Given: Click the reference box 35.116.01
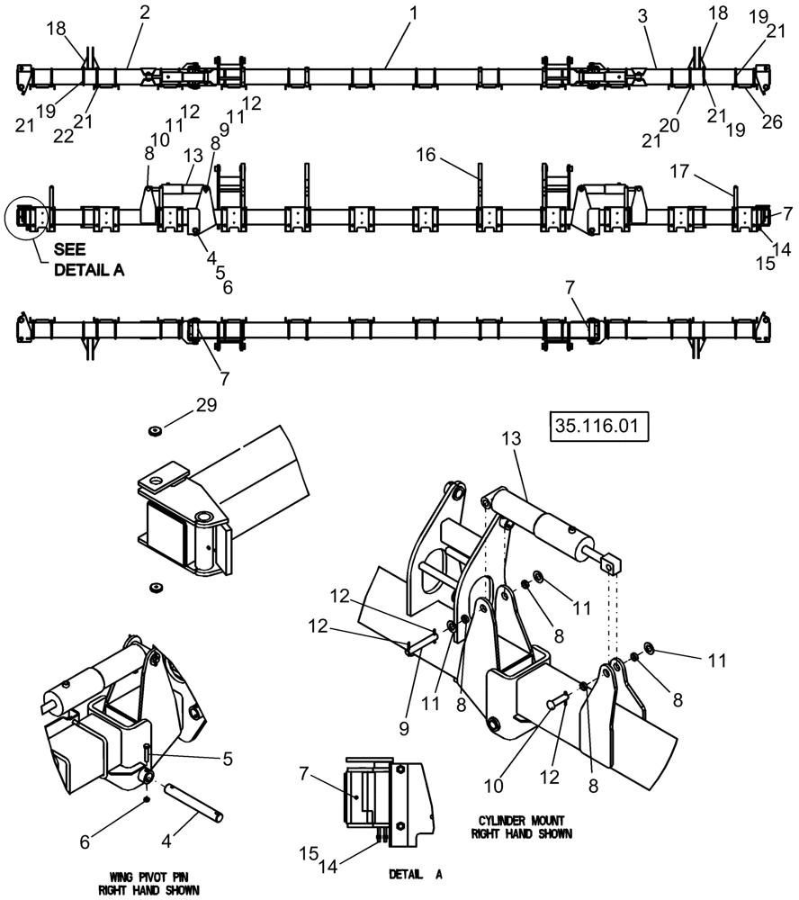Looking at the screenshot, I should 597,426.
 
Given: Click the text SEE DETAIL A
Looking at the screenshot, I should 88,262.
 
